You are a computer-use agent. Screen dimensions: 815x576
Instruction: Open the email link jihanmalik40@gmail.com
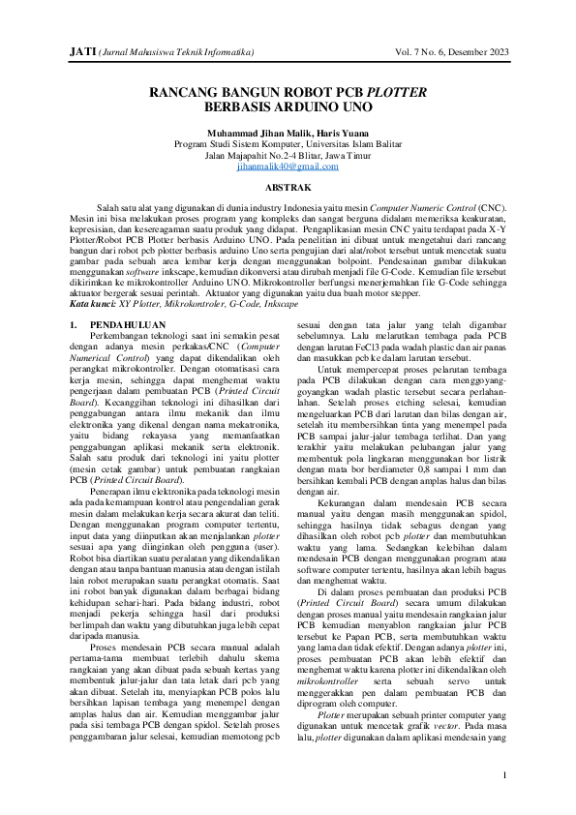coord(288,166)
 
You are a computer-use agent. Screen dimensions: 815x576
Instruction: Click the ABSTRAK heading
coord(288,186)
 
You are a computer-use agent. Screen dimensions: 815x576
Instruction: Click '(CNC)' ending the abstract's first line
coord(492,208)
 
